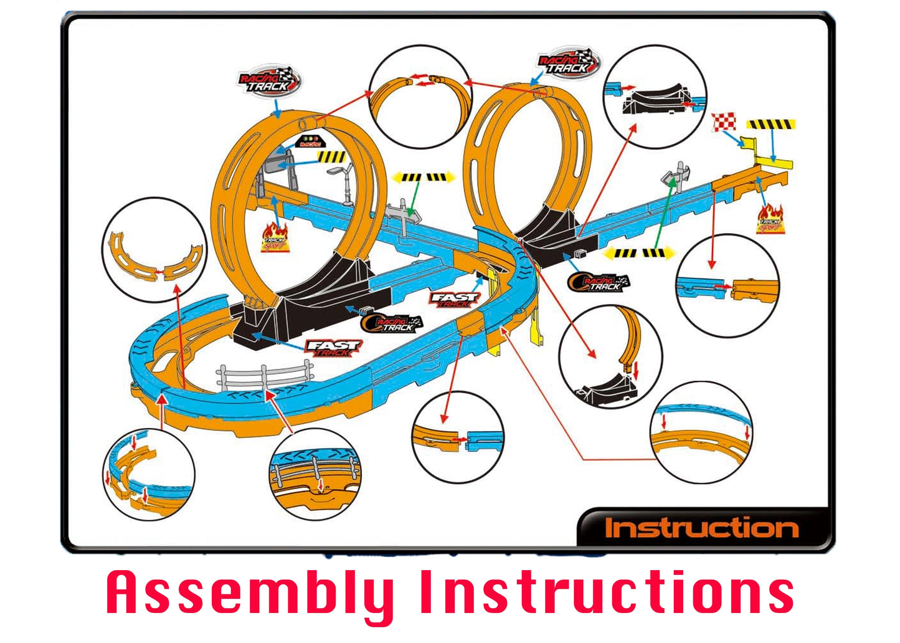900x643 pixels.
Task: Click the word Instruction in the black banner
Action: tap(702, 528)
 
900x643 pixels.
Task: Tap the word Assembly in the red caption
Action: tap(249, 593)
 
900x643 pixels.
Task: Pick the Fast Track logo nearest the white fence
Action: tap(333, 348)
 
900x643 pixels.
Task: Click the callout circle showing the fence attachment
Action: tap(315, 475)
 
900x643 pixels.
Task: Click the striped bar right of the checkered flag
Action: tap(771, 125)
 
